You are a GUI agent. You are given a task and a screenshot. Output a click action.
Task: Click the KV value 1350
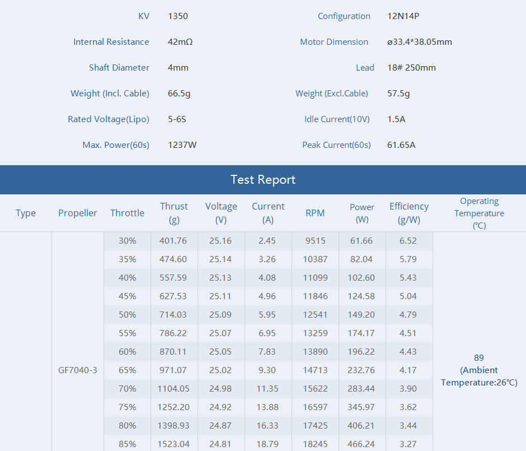tap(178, 16)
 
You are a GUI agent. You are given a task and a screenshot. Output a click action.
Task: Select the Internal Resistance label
tap(111, 41)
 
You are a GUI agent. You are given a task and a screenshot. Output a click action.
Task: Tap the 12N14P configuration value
tap(403, 16)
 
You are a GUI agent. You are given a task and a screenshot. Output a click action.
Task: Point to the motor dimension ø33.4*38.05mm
tap(419, 41)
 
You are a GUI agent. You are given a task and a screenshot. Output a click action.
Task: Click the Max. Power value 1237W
tap(182, 145)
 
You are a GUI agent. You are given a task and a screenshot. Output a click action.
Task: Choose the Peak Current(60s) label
tap(336, 145)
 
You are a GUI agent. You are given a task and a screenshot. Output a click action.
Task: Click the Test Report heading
tap(263, 180)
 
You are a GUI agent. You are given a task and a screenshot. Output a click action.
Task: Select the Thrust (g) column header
tap(174, 213)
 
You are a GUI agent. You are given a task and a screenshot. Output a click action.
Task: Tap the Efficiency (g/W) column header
tap(409, 213)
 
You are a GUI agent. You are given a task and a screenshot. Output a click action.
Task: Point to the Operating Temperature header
tap(479, 213)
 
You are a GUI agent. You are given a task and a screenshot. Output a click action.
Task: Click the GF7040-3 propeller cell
tap(77, 370)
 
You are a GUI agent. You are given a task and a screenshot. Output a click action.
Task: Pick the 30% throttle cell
tap(127, 241)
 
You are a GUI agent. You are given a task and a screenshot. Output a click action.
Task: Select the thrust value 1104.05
tap(173, 389)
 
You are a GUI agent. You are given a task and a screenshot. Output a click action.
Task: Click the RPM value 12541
tap(315, 315)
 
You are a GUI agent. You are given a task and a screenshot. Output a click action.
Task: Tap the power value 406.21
tap(361, 425)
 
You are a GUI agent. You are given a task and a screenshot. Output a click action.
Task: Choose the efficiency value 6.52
tap(408, 241)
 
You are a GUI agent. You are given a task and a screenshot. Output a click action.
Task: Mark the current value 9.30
tap(267, 370)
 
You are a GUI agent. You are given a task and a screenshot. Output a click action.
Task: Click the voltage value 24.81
tap(220, 444)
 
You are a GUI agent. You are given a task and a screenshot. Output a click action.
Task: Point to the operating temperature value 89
tap(479, 357)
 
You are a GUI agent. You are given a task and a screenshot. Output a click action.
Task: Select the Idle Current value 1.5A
tap(396, 119)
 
